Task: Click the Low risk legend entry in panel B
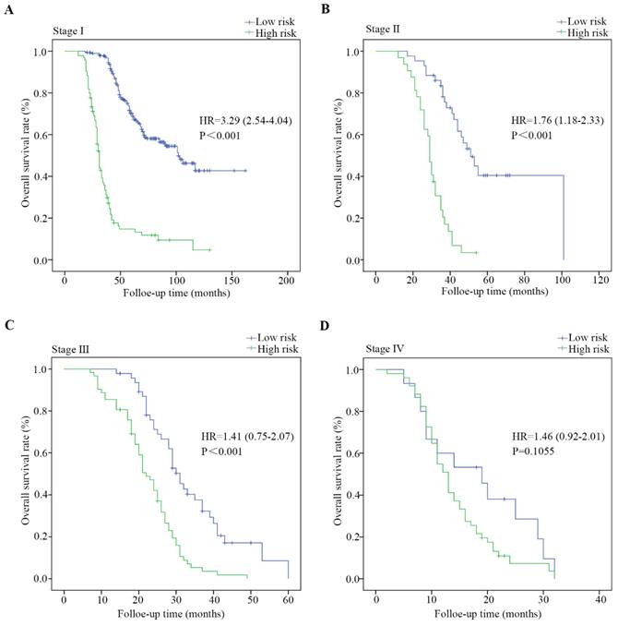point(588,19)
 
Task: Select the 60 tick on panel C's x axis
point(288,597)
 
